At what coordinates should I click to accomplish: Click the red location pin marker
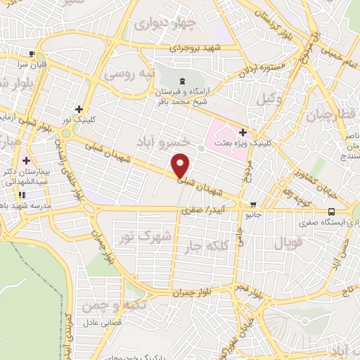click(x=181, y=165)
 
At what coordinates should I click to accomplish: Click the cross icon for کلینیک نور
click(x=79, y=109)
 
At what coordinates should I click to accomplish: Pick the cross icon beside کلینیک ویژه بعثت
click(x=243, y=131)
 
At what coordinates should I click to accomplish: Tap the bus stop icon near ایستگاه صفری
click(x=331, y=212)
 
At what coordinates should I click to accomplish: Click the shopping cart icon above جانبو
click(x=253, y=205)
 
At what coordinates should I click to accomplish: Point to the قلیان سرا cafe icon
click(x=31, y=54)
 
